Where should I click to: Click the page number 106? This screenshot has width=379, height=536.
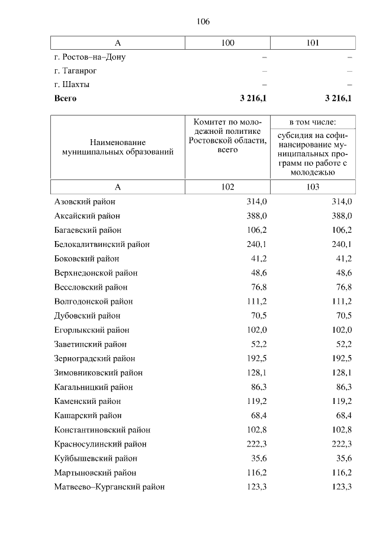[x=203, y=22]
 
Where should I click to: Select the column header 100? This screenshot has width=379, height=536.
[x=227, y=43]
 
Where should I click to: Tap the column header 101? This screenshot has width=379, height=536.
[x=313, y=43]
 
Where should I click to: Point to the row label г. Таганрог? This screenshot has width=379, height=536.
[x=75, y=70]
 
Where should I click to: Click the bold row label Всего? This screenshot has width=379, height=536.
[x=65, y=98]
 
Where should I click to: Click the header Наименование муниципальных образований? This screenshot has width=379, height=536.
[x=117, y=147]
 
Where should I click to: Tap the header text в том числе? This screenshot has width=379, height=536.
[x=313, y=121]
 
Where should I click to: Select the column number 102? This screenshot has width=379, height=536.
[x=227, y=187]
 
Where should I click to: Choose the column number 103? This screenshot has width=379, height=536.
[x=313, y=187]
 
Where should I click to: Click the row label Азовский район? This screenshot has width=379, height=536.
[x=84, y=202]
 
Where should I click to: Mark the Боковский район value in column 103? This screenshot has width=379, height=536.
[x=343, y=259]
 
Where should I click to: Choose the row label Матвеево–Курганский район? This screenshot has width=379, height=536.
[x=109, y=487]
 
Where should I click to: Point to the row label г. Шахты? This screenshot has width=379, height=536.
[x=72, y=85]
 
